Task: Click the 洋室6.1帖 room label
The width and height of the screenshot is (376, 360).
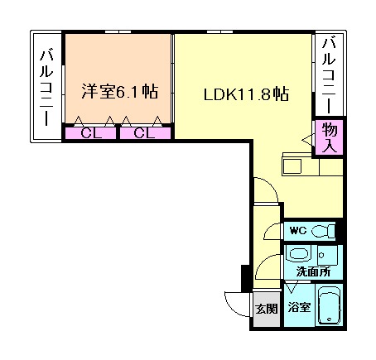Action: (120, 92)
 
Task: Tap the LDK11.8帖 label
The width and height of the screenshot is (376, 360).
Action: (246, 94)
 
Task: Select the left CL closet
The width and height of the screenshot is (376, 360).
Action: (90, 133)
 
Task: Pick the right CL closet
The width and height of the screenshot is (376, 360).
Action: (145, 133)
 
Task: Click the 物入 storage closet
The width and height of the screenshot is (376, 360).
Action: (329, 137)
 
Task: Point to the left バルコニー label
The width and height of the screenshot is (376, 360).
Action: (46, 88)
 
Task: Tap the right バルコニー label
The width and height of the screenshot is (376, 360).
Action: (329, 76)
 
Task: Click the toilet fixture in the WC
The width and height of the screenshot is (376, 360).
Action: (323, 230)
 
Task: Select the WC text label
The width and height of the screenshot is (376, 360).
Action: (298, 230)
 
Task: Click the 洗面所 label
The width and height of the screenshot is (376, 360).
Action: (313, 271)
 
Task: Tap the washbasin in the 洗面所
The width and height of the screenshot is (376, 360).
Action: (299, 253)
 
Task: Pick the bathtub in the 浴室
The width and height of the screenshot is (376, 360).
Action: (329, 305)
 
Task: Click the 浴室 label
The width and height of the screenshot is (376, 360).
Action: (299, 307)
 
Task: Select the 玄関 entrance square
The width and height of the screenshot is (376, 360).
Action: (267, 309)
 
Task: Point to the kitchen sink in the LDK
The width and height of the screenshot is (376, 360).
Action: (292, 166)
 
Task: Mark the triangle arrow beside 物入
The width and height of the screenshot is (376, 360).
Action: (308, 141)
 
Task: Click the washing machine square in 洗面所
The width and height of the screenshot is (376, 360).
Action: (327, 255)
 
